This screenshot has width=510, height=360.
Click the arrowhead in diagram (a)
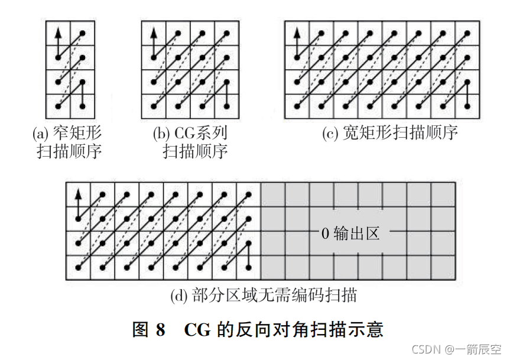tap(58, 33)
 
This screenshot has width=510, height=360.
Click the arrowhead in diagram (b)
tap(154, 33)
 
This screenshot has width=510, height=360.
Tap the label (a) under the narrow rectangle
tap(40, 133)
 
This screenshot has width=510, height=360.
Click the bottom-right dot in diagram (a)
tap(82, 106)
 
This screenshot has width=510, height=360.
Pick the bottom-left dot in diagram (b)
tap(154, 106)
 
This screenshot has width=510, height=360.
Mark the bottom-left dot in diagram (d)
tap(78, 268)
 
